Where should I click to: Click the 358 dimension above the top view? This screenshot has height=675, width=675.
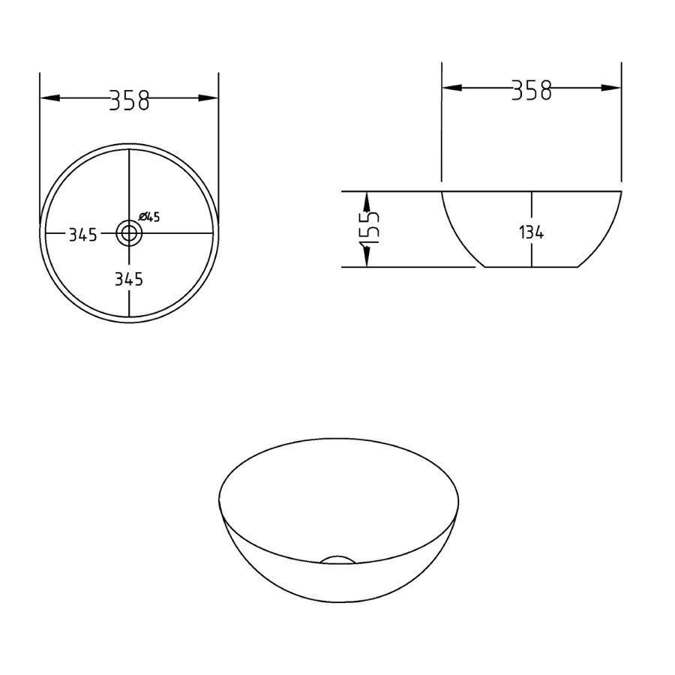(x=129, y=100)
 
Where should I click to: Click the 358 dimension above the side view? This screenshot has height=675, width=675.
(x=532, y=91)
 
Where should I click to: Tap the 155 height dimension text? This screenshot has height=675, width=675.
(x=369, y=228)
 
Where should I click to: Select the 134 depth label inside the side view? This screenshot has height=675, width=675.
(x=531, y=233)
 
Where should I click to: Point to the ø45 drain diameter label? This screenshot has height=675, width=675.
(x=149, y=217)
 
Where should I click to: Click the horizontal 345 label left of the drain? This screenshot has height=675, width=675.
(x=83, y=235)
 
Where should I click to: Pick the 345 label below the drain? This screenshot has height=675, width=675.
(x=129, y=280)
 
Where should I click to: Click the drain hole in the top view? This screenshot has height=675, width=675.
(x=129, y=233)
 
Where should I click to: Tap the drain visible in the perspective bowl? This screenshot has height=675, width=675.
(x=337, y=559)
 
